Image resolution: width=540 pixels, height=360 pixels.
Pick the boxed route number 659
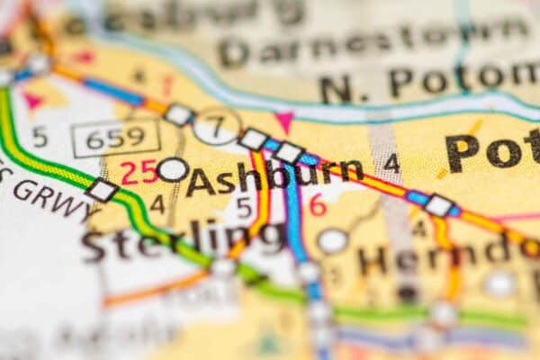point(116,138)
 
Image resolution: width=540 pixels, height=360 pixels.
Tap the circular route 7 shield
point(216,126)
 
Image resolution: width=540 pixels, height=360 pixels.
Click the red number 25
point(138,172)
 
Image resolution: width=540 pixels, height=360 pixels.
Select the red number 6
point(317,204)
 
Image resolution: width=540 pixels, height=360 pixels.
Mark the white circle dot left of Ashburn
point(172,169)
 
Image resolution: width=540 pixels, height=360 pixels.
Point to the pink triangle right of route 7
point(284,121)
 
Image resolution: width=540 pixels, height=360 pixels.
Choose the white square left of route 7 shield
point(178,114)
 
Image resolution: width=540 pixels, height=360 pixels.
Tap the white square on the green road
point(102,190)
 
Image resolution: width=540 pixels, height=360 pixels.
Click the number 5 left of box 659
point(39,137)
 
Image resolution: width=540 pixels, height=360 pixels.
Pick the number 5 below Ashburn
point(243,208)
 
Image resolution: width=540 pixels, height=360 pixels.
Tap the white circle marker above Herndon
point(332,240)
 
